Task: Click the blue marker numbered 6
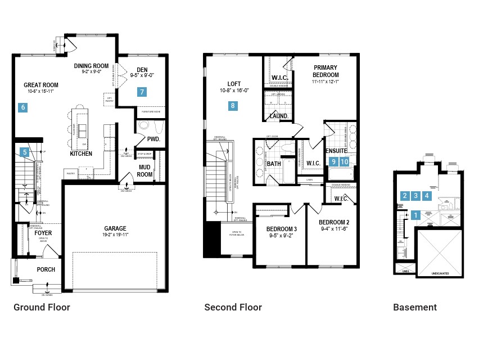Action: point(23,107)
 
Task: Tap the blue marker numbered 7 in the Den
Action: point(142,92)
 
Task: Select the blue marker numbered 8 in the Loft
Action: point(233,105)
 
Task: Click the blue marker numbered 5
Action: point(24,151)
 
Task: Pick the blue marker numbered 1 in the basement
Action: point(416,214)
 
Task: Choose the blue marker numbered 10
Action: point(345,161)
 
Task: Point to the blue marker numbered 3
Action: point(415,196)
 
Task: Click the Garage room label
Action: point(115,228)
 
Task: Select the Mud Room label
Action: point(144,170)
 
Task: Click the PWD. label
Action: point(154,139)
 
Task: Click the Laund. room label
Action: point(279,116)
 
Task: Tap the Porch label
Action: point(46,269)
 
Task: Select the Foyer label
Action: point(43,232)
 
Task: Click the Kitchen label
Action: point(81,154)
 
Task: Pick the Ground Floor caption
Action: point(42,307)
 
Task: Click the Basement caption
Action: point(414,307)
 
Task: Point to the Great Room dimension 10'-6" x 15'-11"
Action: point(40,92)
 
